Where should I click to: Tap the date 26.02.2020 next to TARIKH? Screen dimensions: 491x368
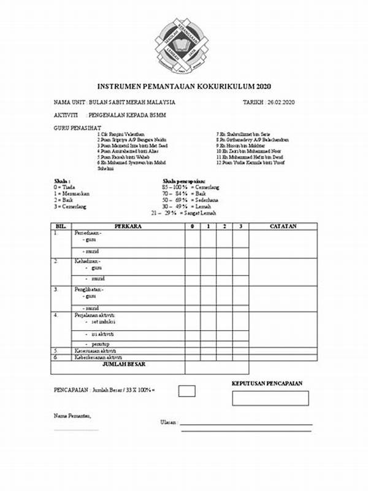click(x=282, y=102)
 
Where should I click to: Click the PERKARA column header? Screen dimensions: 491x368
click(x=128, y=226)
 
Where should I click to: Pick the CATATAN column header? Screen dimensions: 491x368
click(x=283, y=226)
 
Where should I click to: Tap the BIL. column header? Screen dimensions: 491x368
click(x=61, y=226)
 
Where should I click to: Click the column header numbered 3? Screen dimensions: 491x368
click(x=240, y=226)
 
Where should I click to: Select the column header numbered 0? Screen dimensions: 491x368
click(x=193, y=226)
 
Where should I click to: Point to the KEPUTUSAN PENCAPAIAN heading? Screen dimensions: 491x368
click(x=267, y=384)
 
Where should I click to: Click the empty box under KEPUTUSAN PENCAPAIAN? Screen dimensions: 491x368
click(x=270, y=398)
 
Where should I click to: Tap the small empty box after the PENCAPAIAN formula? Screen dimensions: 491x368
click(x=186, y=390)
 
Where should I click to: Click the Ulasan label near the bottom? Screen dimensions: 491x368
click(x=168, y=422)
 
